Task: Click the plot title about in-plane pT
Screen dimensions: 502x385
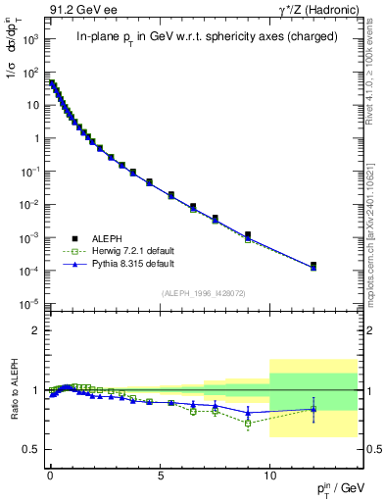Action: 207,37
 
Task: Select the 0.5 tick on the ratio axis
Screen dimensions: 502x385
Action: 33,449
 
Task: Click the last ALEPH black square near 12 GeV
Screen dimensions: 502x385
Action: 313,265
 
